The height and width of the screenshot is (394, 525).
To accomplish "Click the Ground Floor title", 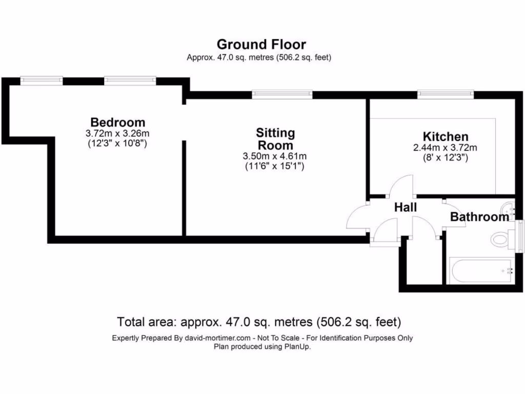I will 261,44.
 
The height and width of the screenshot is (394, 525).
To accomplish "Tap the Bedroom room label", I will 117,122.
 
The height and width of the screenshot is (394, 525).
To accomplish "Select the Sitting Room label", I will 275,139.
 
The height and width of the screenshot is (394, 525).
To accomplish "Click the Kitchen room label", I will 445,136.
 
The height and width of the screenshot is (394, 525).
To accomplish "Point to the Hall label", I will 405,208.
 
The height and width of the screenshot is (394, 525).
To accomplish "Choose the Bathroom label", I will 479,217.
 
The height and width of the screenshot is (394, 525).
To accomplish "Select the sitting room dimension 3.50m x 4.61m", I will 275,156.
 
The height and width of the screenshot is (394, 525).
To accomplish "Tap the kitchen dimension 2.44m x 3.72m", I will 445,148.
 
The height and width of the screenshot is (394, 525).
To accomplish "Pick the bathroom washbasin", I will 508,209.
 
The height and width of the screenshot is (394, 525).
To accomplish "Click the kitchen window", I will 445,94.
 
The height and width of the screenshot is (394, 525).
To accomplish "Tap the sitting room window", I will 282,94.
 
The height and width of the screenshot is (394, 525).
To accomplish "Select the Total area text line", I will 259,322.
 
